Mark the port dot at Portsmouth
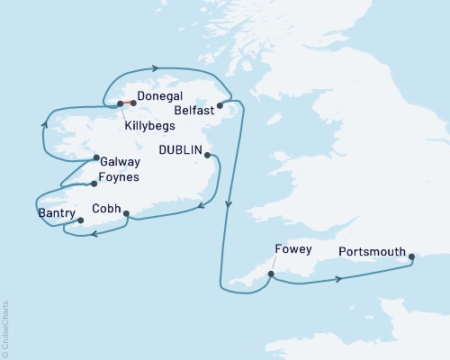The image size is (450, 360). click(411, 257)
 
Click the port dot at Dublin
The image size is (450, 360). click(208, 155)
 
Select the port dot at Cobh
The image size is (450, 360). click(126, 214)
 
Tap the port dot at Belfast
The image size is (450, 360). click(220, 104)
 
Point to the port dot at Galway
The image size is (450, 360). click(95, 159)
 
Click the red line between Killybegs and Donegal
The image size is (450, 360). click(126, 103)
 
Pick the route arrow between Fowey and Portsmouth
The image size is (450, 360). click(338, 279)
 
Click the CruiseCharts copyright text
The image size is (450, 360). click(5, 328)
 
